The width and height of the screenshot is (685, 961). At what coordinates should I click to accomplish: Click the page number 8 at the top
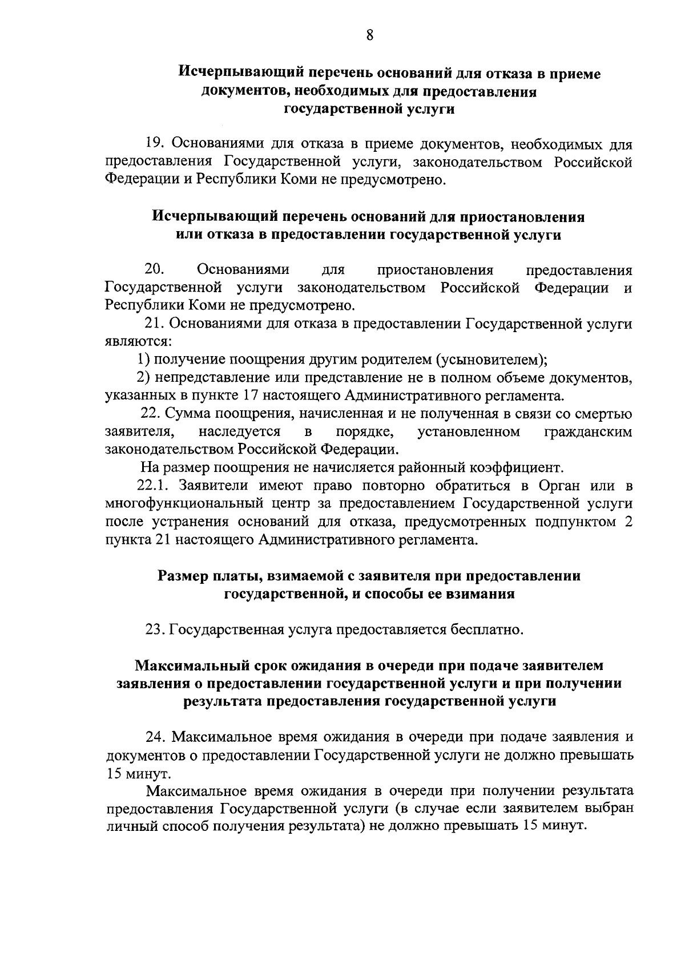[x=369, y=35]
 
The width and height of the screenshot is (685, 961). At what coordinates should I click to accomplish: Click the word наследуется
[x=239, y=432]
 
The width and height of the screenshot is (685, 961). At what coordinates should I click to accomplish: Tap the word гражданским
[x=589, y=432]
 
